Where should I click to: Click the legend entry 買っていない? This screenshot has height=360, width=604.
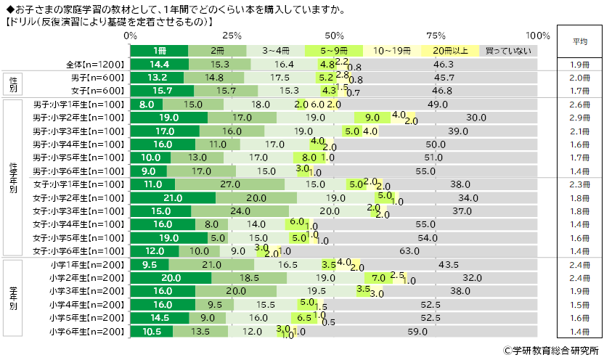pyautogui.click(x=508, y=51)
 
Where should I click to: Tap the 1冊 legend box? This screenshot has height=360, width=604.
pyautogui.click(x=159, y=51)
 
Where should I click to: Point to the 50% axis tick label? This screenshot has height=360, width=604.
pyautogui.click(x=334, y=36)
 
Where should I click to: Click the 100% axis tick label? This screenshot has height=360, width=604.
pyautogui.click(x=538, y=36)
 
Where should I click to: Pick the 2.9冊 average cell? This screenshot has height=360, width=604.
pyautogui.click(x=579, y=118)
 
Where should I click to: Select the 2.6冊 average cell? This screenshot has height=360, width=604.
pyautogui.click(x=579, y=105)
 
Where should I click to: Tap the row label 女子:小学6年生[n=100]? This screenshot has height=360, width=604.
pyautogui.click(x=80, y=251)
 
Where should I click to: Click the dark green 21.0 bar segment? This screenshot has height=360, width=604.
pyautogui.click(x=173, y=197)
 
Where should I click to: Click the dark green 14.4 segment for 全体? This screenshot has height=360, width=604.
pyautogui.click(x=160, y=65)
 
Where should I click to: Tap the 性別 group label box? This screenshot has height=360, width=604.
pyautogui.click(x=14, y=84)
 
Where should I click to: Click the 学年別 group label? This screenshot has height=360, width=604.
pyautogui.click(x=14, y=298)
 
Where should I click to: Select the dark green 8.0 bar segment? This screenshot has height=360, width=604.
pyautogui.click(x=146, y=105)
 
